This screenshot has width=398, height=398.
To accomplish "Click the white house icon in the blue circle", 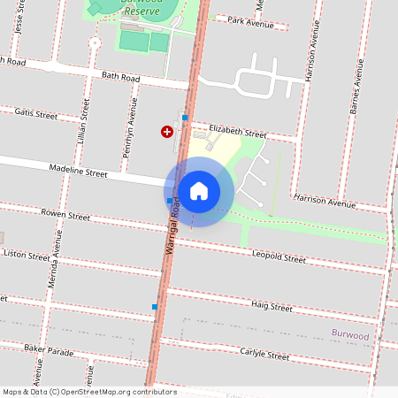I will (x=199, y=191).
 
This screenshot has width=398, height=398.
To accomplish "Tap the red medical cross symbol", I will (x=166, y=132).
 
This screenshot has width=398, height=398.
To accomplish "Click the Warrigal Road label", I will (x=174, y=228).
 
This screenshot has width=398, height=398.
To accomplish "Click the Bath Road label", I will (x=121, y=78).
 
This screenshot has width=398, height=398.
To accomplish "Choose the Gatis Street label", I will (x=35, y=115).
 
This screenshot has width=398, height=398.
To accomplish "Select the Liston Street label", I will (x=27, y=256).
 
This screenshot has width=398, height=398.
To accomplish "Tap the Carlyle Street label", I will (x=264, y=355).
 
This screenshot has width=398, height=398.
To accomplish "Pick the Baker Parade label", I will (x=49, y=350).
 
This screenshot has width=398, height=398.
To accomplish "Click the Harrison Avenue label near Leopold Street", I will (x=324, y=202).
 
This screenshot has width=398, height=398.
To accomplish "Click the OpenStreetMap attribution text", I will (x=89, y=392).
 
